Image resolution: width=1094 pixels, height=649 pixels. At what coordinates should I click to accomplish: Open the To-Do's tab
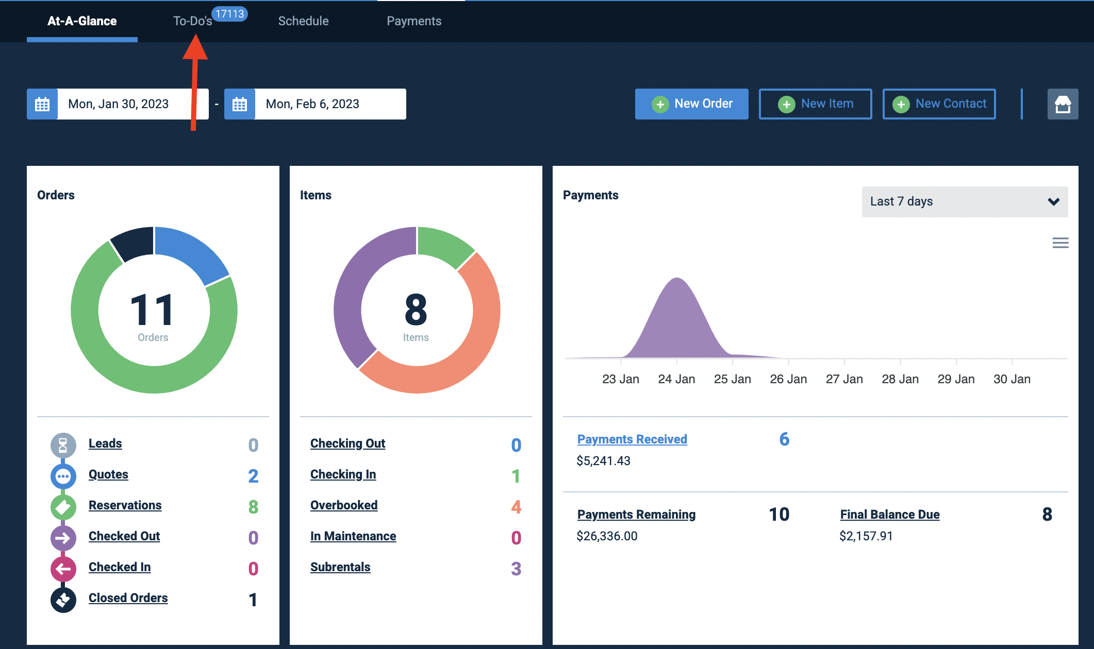[192, 21]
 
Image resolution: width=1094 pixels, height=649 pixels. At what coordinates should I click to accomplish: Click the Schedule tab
[303, 21]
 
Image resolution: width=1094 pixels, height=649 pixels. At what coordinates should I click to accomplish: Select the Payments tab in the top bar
[414, 21]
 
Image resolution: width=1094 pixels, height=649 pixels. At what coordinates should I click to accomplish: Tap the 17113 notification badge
[230, 14]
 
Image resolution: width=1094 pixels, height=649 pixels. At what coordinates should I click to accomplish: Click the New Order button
[691, 104]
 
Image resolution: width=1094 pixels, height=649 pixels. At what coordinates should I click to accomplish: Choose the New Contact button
[939, 104]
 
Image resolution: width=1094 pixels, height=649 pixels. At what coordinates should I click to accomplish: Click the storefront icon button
[1063, 104]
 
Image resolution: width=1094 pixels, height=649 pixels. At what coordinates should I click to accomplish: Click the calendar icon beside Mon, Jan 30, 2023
[42, 104]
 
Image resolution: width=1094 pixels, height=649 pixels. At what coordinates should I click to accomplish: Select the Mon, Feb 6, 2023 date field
[330, 104]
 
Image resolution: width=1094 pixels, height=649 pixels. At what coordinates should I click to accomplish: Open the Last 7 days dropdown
[965, 201]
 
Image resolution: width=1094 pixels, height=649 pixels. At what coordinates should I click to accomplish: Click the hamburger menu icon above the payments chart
[1060, 243]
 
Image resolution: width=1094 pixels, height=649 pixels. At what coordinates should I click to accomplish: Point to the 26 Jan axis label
[788, 379]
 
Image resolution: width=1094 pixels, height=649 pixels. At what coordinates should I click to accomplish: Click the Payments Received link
[632, 439]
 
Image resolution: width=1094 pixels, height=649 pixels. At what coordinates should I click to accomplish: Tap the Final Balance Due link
[890, 515]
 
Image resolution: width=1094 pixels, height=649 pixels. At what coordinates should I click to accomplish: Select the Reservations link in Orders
[125, 505]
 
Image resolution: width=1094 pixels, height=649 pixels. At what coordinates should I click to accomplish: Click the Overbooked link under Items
[344, 505]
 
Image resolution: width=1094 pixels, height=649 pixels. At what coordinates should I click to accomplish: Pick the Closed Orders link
[128, 598]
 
